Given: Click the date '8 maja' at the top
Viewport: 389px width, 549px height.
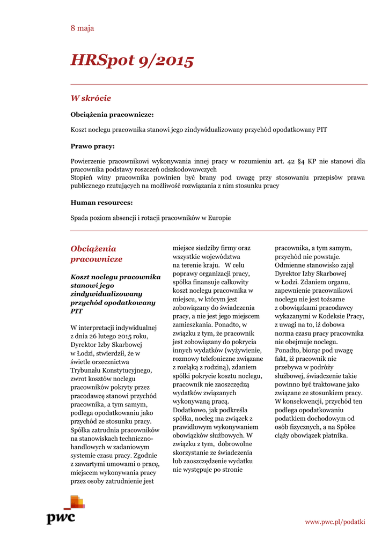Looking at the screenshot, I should (x=82, y=28).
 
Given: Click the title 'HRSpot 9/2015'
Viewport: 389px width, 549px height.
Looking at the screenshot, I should (x=132, y=61).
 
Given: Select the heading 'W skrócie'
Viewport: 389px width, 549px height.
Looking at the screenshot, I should (x=91, y=98).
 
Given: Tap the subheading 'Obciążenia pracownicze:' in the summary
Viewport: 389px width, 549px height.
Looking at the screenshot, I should (x=112, y=115).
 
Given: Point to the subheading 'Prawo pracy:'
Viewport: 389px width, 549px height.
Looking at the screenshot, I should (x=92, y=146).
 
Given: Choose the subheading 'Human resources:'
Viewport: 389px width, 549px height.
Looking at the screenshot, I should (x=101, y=203).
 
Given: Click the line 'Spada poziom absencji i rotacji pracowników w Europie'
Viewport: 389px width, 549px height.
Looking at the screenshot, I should (x=151, y=218).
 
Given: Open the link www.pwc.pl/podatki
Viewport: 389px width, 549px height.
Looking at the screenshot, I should (x=335, y=522).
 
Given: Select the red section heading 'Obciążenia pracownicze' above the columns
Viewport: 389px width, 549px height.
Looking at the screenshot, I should (x=97, y=254).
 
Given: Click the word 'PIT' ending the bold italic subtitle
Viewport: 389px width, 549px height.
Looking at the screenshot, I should (x=77, y=311).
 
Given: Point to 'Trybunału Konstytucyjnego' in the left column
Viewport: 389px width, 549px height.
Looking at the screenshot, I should (x=111, y=370).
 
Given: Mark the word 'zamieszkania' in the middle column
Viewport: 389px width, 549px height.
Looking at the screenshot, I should (x=192, y=325).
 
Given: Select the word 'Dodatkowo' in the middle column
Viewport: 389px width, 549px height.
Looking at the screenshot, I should (x=189, y=410).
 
